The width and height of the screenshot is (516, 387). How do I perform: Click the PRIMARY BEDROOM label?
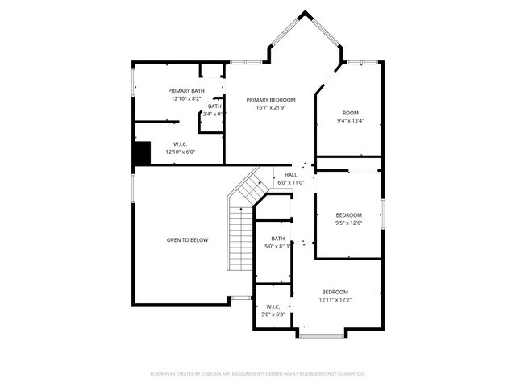click(x=271, y=99)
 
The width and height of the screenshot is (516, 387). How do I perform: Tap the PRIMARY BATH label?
click(x=186, y=90)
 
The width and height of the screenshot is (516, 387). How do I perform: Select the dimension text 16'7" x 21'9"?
click(x=271, y=107)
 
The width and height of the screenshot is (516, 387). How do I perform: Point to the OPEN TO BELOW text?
click(x=187, y=239)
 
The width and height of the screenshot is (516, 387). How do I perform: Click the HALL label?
click(x=290, y=175)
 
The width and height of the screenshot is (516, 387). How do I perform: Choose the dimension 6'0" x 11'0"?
click(x=290, y=183)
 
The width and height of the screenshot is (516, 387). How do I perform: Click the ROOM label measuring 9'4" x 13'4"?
click(x=350, y=113)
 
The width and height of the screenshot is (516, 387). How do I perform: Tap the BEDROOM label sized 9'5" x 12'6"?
click(x=349, y=214)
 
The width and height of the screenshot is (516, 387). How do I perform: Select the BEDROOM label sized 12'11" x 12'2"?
click(x=335, y=292)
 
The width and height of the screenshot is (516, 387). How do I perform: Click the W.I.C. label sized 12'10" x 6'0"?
click(x=181, y=144)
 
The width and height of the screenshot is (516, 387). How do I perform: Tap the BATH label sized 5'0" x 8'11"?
click(x=277, y=239)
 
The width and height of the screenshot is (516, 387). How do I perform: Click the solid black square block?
click(x=142, y=152)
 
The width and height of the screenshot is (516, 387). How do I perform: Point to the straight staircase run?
click(x=240, y=239)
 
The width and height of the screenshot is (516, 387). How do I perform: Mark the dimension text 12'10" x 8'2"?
click(x=186, y=98)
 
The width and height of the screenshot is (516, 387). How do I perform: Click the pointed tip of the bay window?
click(x=305, y=12)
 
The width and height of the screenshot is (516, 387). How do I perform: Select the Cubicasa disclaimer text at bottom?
click(x=258, y=374)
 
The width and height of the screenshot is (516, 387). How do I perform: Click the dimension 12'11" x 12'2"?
click(x=335, y=300)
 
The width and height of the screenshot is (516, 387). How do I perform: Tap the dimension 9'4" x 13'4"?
click(x=350, y=121)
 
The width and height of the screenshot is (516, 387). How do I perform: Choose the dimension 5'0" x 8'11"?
click(x=277, y=247)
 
